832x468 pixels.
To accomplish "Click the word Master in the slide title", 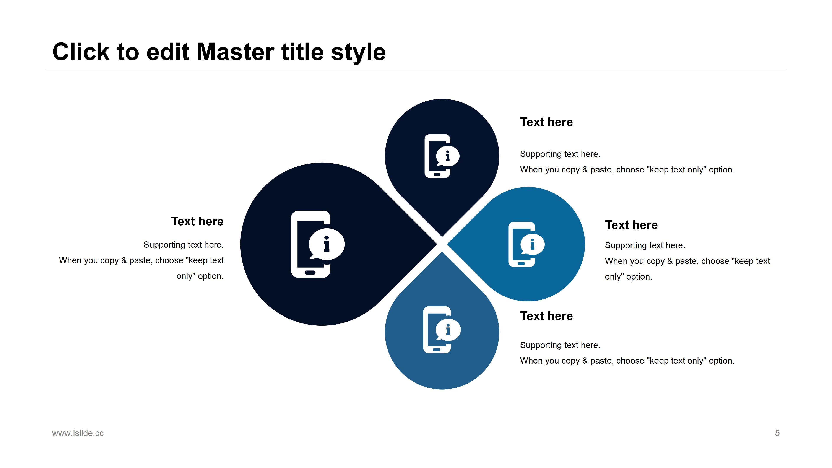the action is tap(236, 52).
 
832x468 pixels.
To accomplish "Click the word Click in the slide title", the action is tap(81, 52).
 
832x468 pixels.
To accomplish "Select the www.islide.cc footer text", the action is tap(78, 433).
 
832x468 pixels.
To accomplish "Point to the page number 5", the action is tap(777, 433).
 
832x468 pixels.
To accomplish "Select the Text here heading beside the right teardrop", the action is tap(631, 225).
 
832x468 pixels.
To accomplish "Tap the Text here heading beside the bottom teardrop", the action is tap(546, 316).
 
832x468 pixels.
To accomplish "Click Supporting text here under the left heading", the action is tap(184, 245).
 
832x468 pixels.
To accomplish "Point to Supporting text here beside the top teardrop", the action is tap(560, 154).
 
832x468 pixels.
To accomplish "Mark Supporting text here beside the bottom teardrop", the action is tap(560, 345).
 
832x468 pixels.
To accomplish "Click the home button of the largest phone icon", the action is tap(310, 273).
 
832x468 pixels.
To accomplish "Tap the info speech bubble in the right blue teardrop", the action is tap(532, 244).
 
